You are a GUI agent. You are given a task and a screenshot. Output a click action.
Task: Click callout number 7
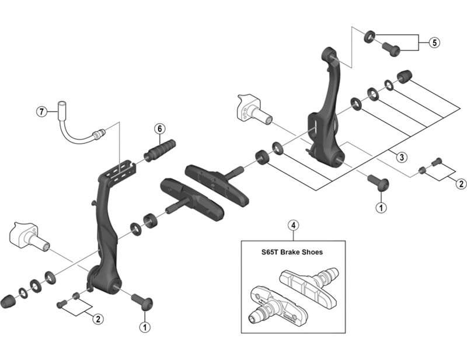(41, 111)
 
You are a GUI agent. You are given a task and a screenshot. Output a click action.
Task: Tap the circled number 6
(158, 129)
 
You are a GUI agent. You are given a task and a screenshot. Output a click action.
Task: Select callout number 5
(434, 42)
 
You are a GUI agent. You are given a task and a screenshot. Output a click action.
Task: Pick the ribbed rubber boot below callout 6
(160, 149)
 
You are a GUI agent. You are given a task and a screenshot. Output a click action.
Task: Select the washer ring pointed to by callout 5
(370, 37)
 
